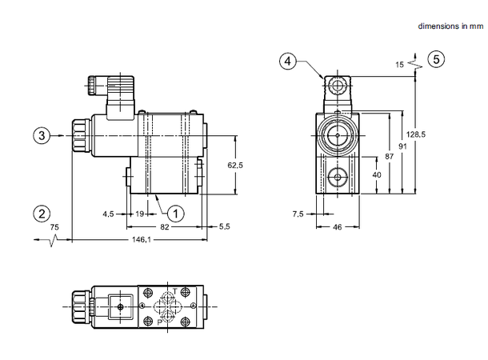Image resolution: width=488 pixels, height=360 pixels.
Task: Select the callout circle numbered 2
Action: click(x=42, y=213)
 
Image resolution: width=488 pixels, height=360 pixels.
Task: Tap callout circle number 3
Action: click(x=42, y=136)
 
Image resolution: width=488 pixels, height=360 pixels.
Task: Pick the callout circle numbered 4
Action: click(x=289, y=59)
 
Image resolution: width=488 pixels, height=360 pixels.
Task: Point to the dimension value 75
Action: click(x=54, y=227)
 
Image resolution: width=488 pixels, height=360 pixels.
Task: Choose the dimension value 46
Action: click(x=336, y=227)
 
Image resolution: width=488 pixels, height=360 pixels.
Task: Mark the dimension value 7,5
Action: click(x=298, y=214)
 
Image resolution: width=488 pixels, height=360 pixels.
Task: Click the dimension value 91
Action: click(x=402, y=147)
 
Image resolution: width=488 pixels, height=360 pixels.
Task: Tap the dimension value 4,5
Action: click(x=108, y=214)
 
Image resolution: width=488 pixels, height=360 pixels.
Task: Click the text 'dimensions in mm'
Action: click(x=452, y=26)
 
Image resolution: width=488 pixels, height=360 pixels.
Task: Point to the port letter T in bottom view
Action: click(x=175, y=291)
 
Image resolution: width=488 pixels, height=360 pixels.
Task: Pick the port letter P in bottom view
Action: click(x=159, y=322)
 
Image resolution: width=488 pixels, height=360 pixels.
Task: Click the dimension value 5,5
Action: click(x=224, y=227)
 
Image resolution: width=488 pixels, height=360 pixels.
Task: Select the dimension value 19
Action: click(x=139, y=214)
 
